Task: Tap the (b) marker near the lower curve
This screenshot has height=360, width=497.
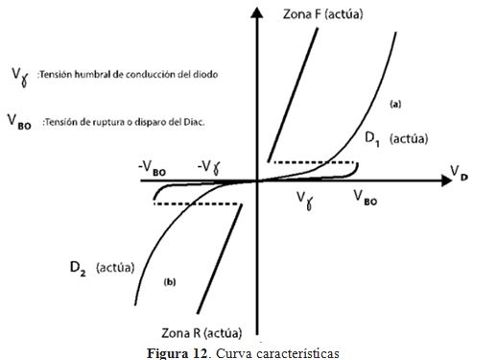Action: [x=170, y=281]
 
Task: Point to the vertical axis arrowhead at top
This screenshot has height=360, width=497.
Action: [x=256, y=11]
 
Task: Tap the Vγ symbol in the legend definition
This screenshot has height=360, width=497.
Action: [x=20, y=73]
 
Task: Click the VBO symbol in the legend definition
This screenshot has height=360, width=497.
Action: [x=22, y=121]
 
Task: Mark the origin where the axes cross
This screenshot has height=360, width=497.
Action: [x=256, y=180]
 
